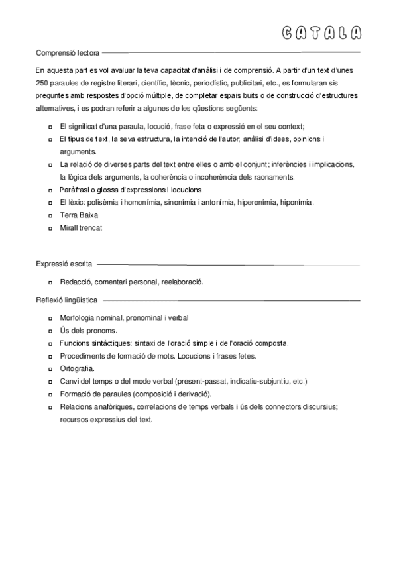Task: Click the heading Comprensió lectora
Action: coord(68,52)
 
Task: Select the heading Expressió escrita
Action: coord(64,264)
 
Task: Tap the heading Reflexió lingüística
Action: coord(67,300)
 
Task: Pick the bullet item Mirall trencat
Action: coord(81,228)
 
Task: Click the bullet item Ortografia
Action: coord(77,368)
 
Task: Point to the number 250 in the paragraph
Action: coord(43,83)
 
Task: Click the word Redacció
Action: coord(75,282)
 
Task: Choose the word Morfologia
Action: coord(78,318)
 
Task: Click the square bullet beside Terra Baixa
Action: coord(51,216)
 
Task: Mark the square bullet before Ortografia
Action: coord(51,369)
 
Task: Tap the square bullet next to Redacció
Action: coord(51,282)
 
